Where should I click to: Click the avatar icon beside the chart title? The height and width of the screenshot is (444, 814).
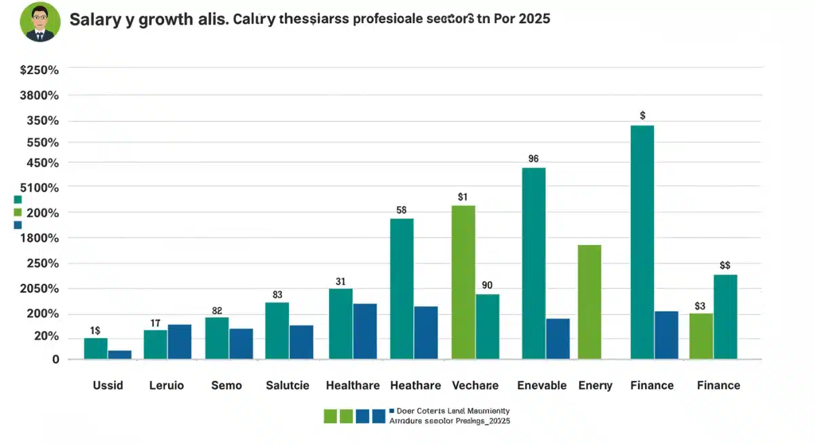[42, 21]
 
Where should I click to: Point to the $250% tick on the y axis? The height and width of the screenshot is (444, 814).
[39, 70]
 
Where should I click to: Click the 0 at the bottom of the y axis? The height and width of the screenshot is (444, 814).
[56, 360]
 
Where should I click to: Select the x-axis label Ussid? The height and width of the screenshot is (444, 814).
[108, 386]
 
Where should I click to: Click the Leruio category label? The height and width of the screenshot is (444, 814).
[166, 386]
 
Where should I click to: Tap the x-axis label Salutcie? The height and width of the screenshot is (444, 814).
[288, 386]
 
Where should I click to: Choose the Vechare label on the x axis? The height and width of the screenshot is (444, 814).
[475, 386]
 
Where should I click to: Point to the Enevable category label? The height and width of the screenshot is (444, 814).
[541, 386]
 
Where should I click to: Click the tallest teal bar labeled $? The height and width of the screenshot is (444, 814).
[642, 242]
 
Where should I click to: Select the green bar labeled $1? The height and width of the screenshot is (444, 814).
[463, 282]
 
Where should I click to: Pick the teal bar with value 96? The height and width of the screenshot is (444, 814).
[534, 263]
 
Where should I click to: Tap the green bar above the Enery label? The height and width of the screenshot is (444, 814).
[589, 301]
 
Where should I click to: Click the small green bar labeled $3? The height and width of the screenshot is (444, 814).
[701, 336]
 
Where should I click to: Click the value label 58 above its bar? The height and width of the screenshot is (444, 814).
[401, 210]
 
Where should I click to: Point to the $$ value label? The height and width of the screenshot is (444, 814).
[724, 265]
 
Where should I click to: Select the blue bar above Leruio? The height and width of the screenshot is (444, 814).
[180, 341]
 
